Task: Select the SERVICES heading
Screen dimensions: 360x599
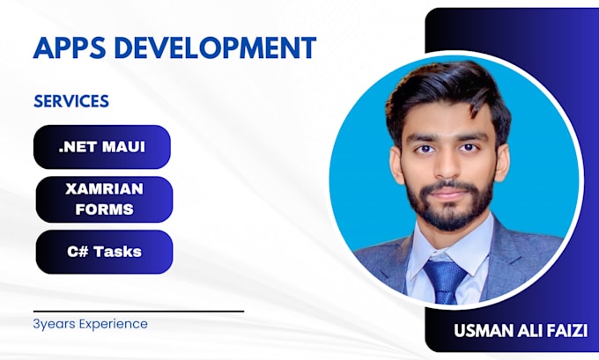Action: (x=71, y=101)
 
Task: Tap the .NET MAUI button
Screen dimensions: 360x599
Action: (x=102, y=147)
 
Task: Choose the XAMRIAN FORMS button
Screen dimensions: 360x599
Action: (x=104, y=199)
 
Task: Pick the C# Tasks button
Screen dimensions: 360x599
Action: (x=104, y=252)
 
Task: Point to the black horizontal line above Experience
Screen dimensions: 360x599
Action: (x=138, y=311)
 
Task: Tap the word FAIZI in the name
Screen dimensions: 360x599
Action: (x=565, y=332)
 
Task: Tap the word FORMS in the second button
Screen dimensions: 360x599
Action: (x=104, y=209)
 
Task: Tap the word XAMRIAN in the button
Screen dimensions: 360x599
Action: (x=104, y=189)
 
